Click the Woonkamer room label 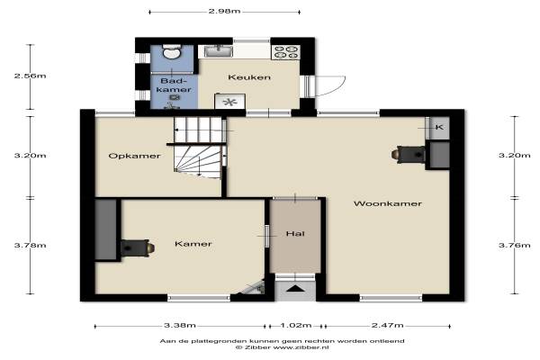(387, 203)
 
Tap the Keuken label (249, 77)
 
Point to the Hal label (295, 234)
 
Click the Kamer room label (193, 244)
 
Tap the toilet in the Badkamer (171, 51)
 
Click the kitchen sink (219, 51)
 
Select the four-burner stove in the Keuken (286, 52)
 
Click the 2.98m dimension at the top (224, 11)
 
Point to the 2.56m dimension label (30, 76)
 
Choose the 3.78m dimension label (30, 246)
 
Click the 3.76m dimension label (515, 246)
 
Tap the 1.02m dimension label (296, 325)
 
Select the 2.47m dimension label (387, 325)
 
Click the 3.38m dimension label (180, 325)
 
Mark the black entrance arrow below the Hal (295, 288)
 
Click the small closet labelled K (439, 128)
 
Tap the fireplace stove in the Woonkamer (408, 154)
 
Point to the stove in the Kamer (138, 248)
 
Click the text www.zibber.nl (301, 347)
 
